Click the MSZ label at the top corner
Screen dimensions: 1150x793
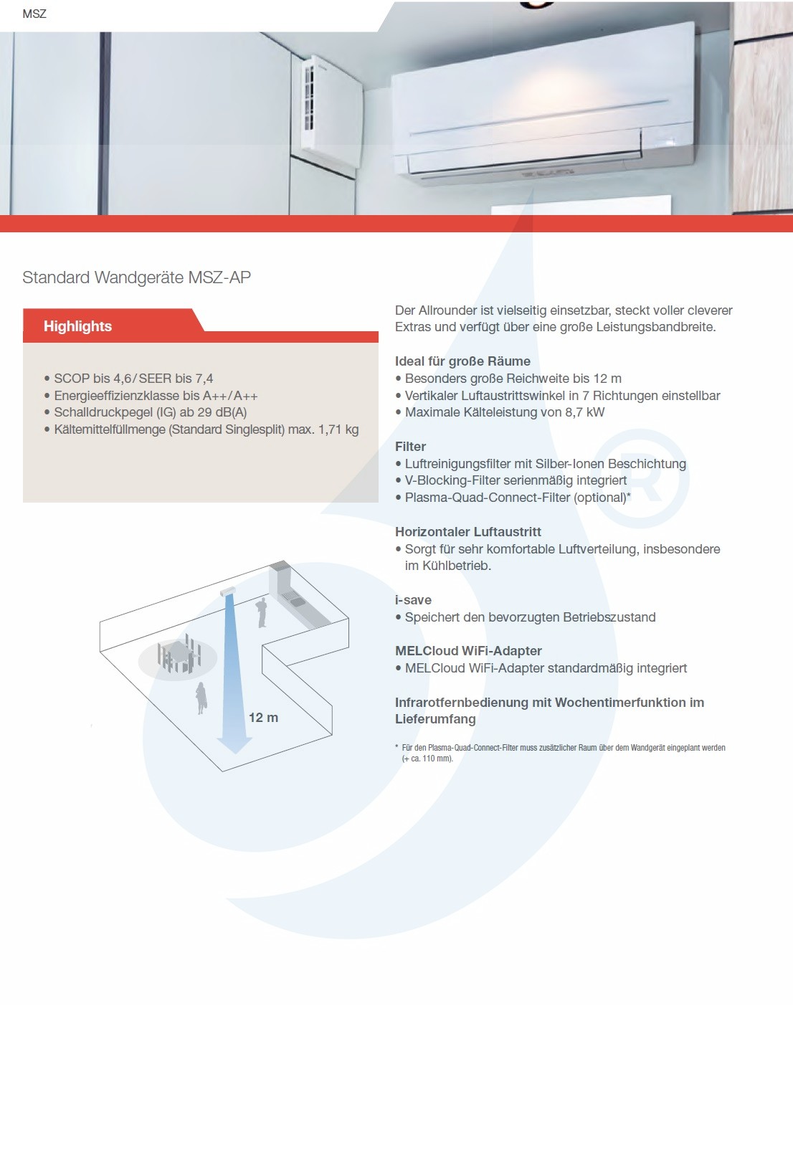[x=34, y=14]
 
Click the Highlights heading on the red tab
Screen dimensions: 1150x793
[x=77, y=326]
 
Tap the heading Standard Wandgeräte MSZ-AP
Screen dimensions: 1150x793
[x=136, y=277]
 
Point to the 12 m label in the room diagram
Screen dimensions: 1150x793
[x=263, y=718]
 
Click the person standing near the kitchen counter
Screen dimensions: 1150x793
[x=261, y=612]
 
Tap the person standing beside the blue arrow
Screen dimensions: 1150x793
[x=201, y=698]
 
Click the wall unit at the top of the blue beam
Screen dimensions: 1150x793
[x=229, y=591]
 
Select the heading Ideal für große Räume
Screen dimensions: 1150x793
[x=462, y=361]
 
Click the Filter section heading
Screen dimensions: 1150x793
[x=410, y=447]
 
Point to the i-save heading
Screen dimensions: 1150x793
[x=413, y=600]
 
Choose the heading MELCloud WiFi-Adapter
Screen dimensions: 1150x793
[x=468, y=651]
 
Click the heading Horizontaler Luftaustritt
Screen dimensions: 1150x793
[x=467, y=532]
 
